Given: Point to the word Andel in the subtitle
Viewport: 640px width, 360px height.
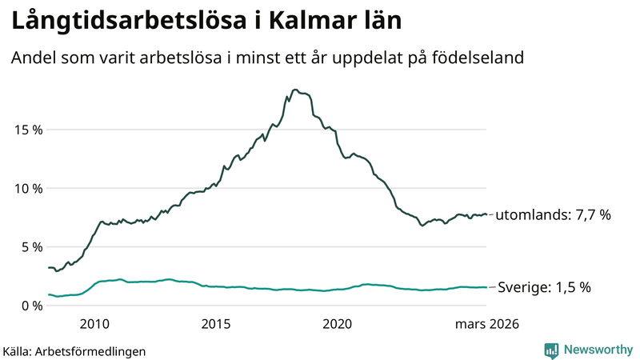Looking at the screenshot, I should [x=31, y=58].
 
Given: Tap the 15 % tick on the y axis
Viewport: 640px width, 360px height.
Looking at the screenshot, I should [x=26, y=130].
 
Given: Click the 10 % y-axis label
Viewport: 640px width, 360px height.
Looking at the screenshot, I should [x=26, y=188].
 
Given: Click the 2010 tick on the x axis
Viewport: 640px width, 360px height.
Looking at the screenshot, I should [x=94, y=324].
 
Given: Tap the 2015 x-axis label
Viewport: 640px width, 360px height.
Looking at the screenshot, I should [x=215, y=324].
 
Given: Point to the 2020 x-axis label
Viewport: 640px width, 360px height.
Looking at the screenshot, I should [x=337, y=324].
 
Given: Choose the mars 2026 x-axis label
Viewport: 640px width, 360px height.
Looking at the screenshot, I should [x=487, y=324].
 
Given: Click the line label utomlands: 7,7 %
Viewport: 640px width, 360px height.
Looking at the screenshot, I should [x=554, y=215].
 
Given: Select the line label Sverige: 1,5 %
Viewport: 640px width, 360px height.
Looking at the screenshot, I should [x=544, y=287].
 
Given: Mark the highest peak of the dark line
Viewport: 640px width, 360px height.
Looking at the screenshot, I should [x=295, y=90].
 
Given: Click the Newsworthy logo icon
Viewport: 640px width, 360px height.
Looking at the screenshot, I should [x=551, y=350].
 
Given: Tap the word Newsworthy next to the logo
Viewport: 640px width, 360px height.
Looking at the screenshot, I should [x=596, y=350].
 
